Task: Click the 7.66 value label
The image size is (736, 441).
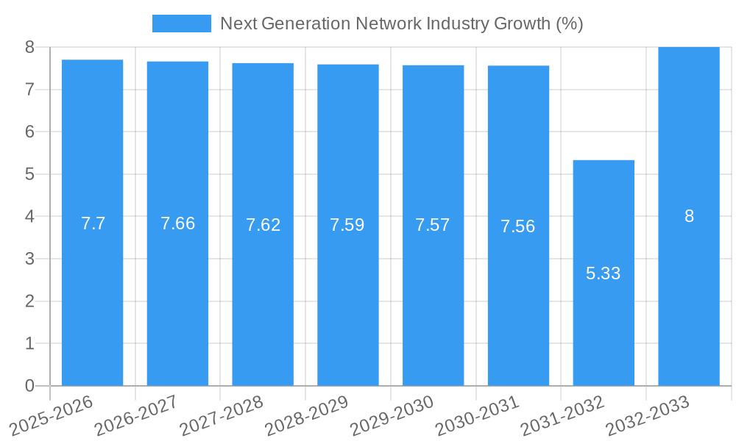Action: pos(177,223)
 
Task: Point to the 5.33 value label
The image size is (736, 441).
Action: pos(604,273)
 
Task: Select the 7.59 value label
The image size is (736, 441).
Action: pos(347,225)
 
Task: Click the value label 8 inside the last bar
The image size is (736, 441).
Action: pos(689,216)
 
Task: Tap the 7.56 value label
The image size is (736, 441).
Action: pos(518,226)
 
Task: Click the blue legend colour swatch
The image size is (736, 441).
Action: pos(181,24)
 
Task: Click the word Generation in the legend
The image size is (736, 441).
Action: pos(303,24)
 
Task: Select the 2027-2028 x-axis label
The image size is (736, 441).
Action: pos(222,415)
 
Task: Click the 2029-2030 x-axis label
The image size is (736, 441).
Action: pos(392,415)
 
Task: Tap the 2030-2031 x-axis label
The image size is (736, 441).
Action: pos(478,415)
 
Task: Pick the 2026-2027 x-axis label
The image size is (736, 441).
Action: pos(136,415)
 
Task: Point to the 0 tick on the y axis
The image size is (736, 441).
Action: pos(29,386)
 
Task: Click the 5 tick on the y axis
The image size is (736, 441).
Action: pos(29,174)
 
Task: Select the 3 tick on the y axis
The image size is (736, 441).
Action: pos(29,259)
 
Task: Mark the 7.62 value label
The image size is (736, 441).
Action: pos(263,225)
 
